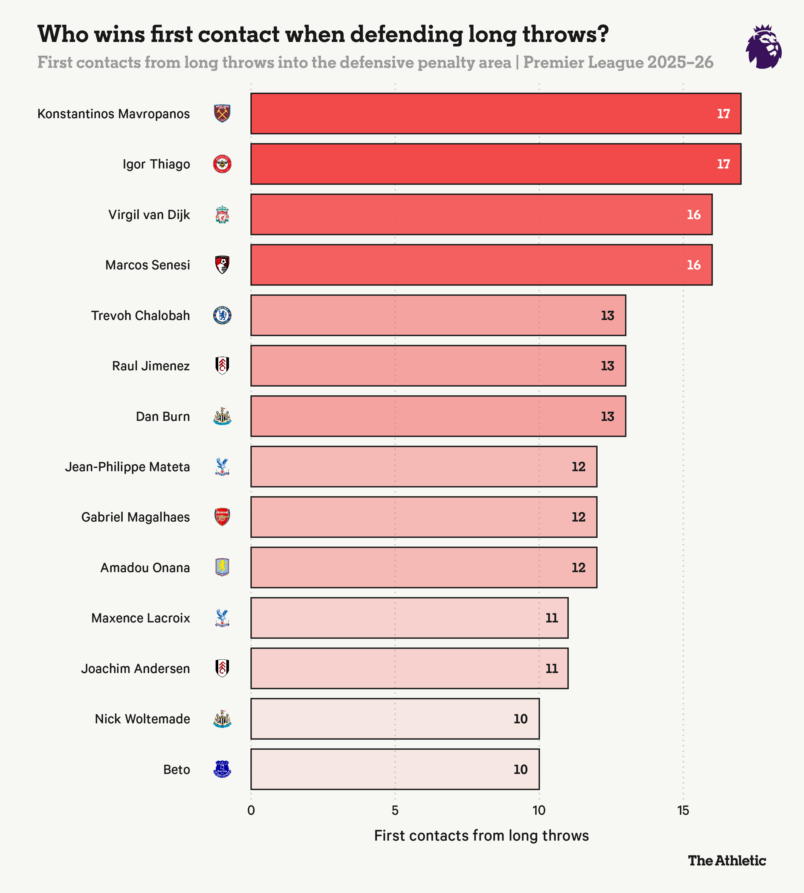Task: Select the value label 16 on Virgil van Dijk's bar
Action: coord(693,215)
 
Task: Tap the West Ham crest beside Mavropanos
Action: coord(222,113)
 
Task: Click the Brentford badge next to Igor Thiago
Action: coord(222,164)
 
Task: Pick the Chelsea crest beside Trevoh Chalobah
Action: coord(222,315)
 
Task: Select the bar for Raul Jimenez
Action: coord(437,366)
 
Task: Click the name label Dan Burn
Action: coord(163,416)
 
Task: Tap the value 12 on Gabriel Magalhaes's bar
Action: coord(578,517)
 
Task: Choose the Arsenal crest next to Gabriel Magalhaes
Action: coord(222,517)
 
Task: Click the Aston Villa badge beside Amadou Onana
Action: coord(222,568)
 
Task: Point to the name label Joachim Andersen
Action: coord(135,669)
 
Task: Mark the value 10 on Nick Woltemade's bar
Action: coord(521,719)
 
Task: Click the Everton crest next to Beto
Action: coord(222,769)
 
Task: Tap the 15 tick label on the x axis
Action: coord(683,811)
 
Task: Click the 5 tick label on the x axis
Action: coord(395,811)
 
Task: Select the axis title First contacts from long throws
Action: coord(481,836)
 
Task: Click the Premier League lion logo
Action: coord(764,47)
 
